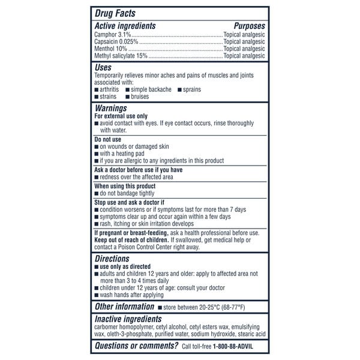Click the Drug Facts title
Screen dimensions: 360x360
click(116, 13)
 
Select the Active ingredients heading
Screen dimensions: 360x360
click(125, 26)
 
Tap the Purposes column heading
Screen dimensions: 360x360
click(249, 26)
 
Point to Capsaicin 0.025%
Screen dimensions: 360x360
click(116, 43)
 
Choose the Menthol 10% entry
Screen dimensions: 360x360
click(112, 49)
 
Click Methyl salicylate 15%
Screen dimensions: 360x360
click(121, 56)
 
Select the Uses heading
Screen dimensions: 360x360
click(103, 68)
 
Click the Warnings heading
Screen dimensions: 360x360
click(110, 108)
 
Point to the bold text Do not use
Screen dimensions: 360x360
click(108, 139)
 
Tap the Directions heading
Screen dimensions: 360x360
click(112, 259)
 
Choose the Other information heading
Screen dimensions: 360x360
click(124, 307)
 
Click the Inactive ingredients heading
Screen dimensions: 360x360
click(128, 319)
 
